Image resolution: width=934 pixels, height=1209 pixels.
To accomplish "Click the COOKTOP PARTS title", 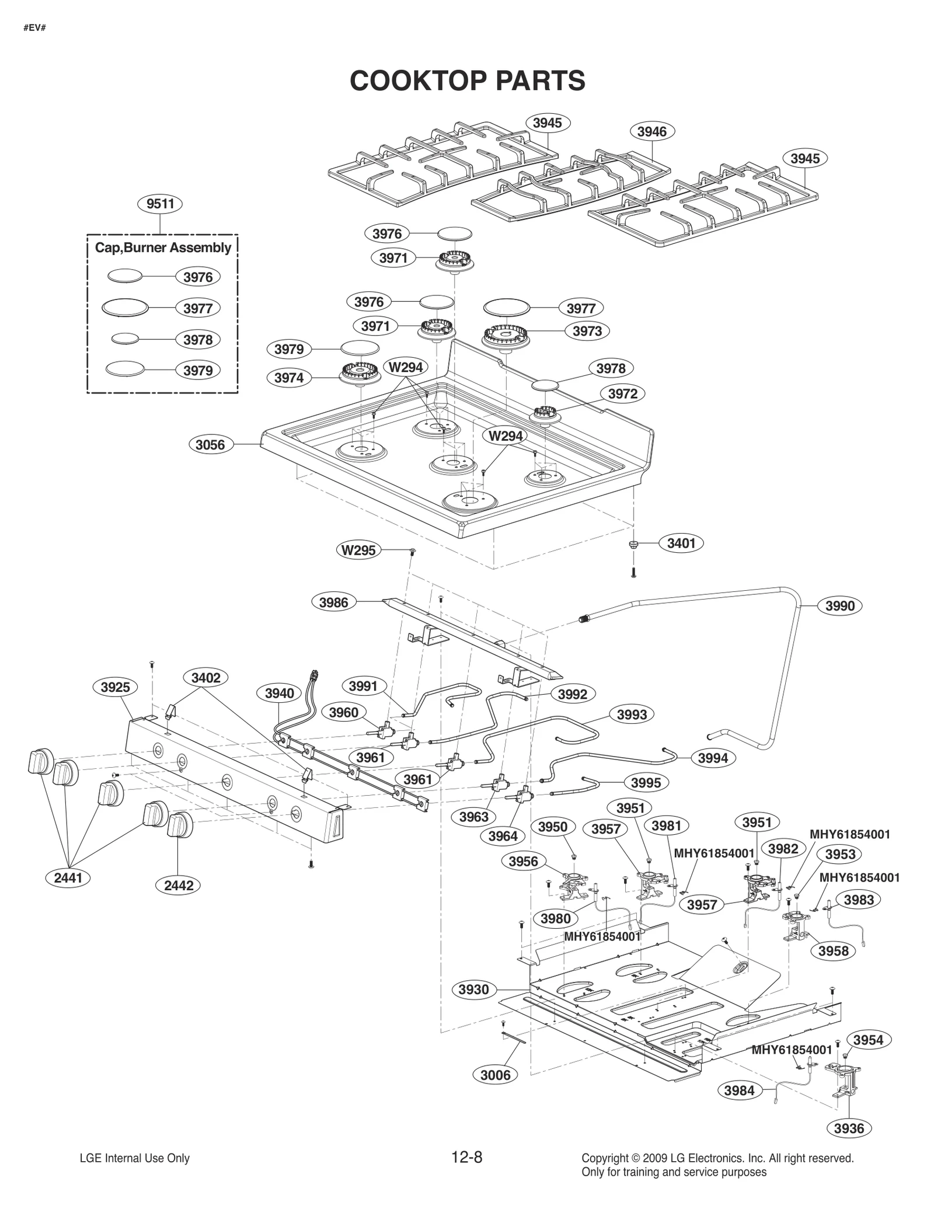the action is [x=467, y=81].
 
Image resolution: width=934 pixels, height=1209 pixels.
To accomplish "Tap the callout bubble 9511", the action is [x=160, y=204].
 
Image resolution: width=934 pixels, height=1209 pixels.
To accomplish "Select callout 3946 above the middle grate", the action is [x=651, y=132].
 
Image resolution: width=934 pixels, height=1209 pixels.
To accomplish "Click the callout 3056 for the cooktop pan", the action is [x=210, y=445].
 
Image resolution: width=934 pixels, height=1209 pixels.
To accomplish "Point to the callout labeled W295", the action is [x=358, y=550].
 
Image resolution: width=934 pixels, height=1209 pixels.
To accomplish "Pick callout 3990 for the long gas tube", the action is [x=839, y=606].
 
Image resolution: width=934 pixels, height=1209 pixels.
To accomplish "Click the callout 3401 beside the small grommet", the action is [x=681, y=543].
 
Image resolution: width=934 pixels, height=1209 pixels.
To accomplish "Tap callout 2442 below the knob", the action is [x=179, y=886].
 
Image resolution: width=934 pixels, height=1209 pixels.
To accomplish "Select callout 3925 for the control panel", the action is [x=115, y=687].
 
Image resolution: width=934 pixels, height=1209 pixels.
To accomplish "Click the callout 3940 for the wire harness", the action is [x=279, y=694].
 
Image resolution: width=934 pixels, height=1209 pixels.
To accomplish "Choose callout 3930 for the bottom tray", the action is [x=473, y=990].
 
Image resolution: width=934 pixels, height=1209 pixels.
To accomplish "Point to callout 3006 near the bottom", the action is [x=495, y=1075].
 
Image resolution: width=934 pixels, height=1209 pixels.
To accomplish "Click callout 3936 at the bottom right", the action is [x=849, y=1128].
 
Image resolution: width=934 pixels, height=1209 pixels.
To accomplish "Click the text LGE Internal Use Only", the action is [x=134, y=1158].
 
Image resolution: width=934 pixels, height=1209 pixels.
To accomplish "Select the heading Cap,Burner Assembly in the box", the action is [x=163, y=248].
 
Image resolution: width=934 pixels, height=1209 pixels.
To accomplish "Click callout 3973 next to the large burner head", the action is [x=587, y=331].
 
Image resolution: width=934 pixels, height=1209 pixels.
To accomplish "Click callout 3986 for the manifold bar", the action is [x=333, y=602].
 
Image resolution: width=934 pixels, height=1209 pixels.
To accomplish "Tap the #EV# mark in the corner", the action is [x=34, y=27].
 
